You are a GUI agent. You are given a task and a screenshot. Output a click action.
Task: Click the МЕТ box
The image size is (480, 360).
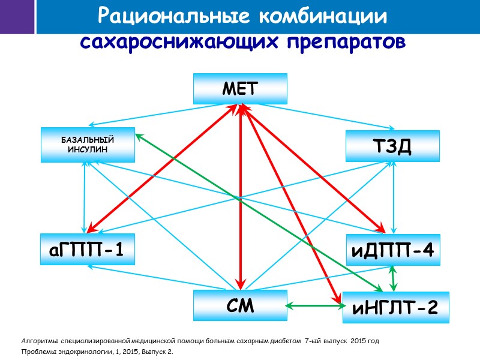click(240, 88)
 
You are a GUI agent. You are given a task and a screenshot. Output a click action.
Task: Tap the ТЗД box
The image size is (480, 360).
click(392, 146)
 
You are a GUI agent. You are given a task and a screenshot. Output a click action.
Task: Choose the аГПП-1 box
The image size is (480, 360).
click(88, 249)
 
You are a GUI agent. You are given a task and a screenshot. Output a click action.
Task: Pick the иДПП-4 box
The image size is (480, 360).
click(392, 249)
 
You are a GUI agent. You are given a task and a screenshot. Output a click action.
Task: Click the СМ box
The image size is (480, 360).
click(240, 305)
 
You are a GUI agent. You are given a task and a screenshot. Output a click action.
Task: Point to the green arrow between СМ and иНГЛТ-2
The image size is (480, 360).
click(313, 306)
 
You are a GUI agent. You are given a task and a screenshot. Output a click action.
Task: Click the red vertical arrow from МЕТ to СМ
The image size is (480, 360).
click(241, 198)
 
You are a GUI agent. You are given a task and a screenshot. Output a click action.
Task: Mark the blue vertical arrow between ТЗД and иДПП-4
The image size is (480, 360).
click(392, 198)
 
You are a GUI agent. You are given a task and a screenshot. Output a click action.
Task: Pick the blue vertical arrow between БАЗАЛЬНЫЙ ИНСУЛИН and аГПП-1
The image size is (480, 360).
click(85, 198)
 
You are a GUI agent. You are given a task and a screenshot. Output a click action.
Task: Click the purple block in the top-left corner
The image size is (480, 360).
click(17, 17)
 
